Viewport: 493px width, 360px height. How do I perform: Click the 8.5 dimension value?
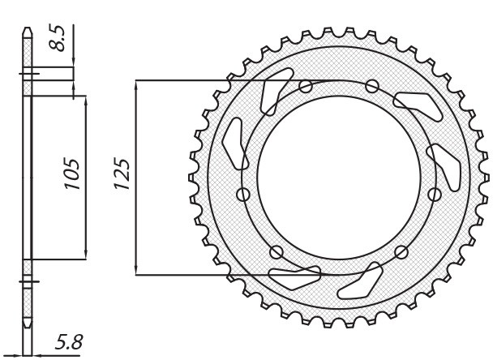59,37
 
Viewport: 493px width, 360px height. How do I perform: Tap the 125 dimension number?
122,174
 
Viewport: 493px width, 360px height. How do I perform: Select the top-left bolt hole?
306,87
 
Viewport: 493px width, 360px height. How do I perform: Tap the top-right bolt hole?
372,85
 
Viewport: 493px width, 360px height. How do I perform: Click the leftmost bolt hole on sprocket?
242,193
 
